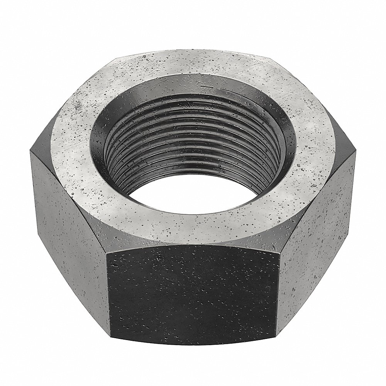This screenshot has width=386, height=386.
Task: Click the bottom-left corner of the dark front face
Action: [x=110, y=349]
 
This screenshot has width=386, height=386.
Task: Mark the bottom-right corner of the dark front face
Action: [x=276, y=349]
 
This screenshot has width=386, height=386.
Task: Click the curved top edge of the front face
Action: [x=193, y=244]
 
